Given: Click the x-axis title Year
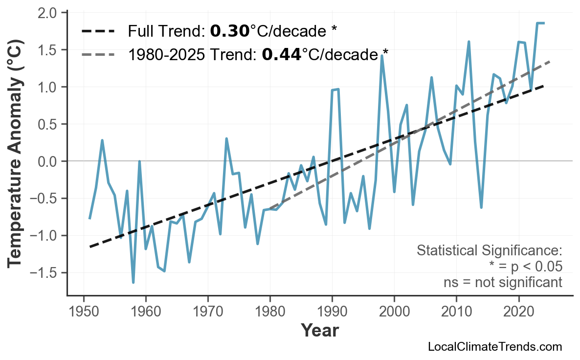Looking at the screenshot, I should pyautogui.click(x=319, y=331).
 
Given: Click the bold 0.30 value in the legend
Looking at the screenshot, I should pyautogui.click(x=229, y=32).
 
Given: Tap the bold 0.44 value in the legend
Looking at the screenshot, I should pyautogui.click(x=281, y=54).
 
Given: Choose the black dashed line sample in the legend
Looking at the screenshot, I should pyautogui.click(x=98, y=32).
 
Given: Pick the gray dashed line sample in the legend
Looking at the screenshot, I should pyautogui.click(x=98, y=54).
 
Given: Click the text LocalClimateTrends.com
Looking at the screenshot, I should pyautogui.click(x=494, y=347).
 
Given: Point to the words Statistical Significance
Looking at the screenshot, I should pyautogui.click(x=489, y=251).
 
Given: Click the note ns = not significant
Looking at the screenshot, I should pyautogui.click(x=502, y=282).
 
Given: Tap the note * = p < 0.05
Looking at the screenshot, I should pyautogui.click(x=525, y=267).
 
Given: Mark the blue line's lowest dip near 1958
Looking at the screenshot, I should pyautogui.click(x=133, y=282).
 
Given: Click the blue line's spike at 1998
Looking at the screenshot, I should pyautogui.click(x=381, y=56).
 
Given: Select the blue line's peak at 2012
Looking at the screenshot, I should pyautogui.click(x=468, y=42).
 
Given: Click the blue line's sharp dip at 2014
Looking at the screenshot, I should pyautogui.click(x=481, y=207).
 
